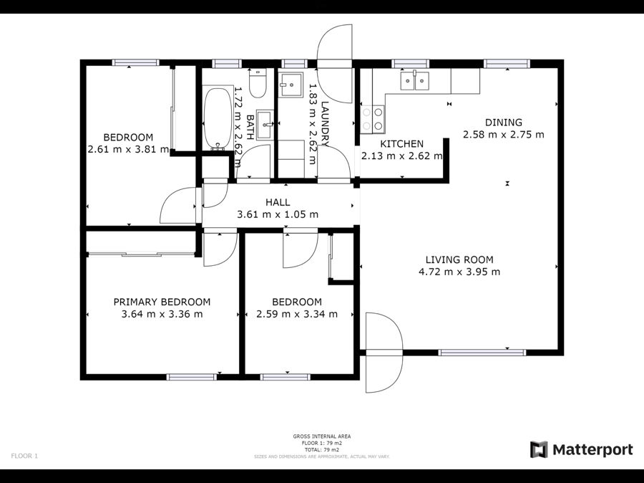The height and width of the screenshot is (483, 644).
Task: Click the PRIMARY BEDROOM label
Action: pos(162,302)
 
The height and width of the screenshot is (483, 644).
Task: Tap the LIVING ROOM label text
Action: pos(459,259)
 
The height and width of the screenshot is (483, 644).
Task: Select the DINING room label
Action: pos(504,123)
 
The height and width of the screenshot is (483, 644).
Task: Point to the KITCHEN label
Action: pos(401,144)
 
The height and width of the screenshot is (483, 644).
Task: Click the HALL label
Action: pos(278,202)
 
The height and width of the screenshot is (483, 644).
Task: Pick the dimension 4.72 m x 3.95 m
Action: pos(459,272)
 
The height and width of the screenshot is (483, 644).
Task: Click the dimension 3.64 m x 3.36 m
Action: pos(162,315)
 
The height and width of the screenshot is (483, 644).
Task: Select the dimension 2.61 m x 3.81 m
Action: pos(128,149)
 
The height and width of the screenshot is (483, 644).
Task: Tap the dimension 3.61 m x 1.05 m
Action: pos(278,214)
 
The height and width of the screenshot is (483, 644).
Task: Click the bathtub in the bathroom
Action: pos(218,118)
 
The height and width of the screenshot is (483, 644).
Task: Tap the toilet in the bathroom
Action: pos(258,84)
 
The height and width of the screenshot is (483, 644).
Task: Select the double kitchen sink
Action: pos(415,80)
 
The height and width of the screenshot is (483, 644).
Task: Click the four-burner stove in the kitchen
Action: pos(373,119)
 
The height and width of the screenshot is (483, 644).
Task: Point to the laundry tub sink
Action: pos(291,85)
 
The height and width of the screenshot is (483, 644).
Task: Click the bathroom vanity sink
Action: pos(265,125)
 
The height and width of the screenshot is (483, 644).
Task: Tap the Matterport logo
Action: pos(581,449)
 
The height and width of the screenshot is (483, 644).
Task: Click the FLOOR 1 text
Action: pos(24,456)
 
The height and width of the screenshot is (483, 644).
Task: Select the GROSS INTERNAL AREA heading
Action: pos(322,436)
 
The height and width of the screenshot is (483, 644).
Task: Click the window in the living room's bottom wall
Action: pos(482,353)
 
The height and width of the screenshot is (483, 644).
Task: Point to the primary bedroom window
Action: pos(191,377)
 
